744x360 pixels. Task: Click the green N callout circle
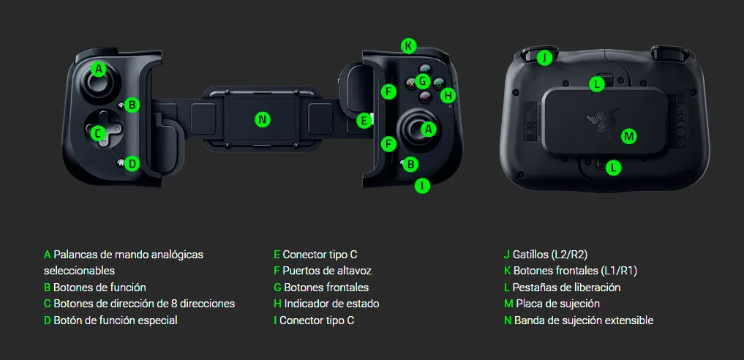pos(262,119)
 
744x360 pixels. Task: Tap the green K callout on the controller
pos(408,46)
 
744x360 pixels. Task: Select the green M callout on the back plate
pos(628,137)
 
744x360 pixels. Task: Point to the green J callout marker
pos(544,58)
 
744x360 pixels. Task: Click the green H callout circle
pos(448,95)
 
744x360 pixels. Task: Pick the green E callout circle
pos(364,121)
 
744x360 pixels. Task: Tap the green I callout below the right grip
pos(422,185)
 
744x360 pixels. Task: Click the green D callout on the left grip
pos(132,164)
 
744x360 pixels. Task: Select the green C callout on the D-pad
pos(98,133)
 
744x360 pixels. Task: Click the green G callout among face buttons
pos(422,81)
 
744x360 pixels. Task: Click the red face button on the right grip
pos(424,97)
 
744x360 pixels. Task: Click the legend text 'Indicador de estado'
pos(331,304)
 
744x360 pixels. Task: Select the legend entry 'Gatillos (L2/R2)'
pos(550,255)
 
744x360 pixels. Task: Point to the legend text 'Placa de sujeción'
pos(558,304)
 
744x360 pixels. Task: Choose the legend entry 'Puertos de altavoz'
pos(327,271)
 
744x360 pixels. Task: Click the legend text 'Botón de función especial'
pos(116,320)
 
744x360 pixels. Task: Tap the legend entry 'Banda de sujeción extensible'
pos(584,320)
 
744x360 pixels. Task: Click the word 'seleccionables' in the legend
pos(79,271)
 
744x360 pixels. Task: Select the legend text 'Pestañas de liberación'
pos(566,288)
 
